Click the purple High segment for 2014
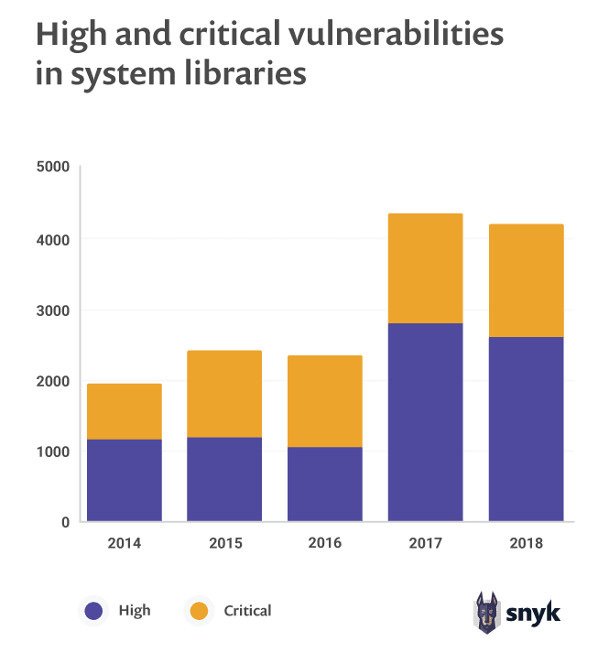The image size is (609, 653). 125,481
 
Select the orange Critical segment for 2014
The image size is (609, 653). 125,411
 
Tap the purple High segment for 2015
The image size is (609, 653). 224,480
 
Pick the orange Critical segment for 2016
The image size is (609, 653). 324,401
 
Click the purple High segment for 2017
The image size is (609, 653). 425,422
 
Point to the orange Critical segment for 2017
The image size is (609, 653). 425,268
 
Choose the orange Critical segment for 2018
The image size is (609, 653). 526,280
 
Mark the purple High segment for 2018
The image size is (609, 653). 526,430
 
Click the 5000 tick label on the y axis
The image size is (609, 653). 53,168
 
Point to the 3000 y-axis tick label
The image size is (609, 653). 53,310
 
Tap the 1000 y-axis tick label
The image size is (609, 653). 53,452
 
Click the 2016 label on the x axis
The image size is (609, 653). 324,543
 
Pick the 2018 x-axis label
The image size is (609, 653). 526,543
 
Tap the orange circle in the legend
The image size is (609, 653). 198,611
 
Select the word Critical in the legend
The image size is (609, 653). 247,611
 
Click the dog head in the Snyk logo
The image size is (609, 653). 485,609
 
